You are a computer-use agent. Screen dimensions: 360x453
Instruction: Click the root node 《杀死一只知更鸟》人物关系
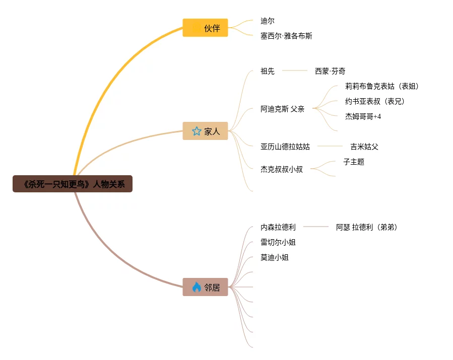click(x=73, y=184)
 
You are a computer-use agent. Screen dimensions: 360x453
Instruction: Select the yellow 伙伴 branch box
click(x=205, y=28)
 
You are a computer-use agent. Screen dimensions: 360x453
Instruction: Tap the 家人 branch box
click(x=205, y=131)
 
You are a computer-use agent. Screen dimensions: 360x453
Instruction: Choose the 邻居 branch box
click(x=205, y=287)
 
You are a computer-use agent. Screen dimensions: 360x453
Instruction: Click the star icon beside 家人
click(x=197, y=131)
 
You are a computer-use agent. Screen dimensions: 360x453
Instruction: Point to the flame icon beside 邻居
click(x=197, y=287)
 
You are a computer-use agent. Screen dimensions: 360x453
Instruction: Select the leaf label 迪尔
click(x=268, y=21)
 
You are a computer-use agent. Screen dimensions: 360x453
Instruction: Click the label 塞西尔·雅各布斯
click(x=286, y=36)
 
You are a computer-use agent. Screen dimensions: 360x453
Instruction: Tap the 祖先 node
click(x=268, y=71)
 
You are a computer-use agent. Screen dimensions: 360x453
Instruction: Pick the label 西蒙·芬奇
click(x=330, y=71)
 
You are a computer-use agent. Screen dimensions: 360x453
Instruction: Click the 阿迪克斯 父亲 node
click(x=282, y=109)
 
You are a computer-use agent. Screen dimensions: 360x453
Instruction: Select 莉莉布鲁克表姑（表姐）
click(x=382, y=86)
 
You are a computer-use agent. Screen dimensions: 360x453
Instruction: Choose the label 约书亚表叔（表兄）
click(x=375, y=101)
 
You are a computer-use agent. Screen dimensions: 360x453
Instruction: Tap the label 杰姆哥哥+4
click(x=363, y=116)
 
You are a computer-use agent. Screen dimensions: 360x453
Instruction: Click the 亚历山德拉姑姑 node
click(x=285, y=147)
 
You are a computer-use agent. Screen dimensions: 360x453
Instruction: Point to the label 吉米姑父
click(x=364, y=147)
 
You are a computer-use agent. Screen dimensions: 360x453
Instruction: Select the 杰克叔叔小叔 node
click(x=282, y=169)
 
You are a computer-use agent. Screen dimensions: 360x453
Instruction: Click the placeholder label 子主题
click(x=354, y=162)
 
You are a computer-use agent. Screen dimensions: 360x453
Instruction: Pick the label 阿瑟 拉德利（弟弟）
click(x=367, y=227)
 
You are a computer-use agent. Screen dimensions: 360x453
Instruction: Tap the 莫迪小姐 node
click(x=275, y=257)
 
